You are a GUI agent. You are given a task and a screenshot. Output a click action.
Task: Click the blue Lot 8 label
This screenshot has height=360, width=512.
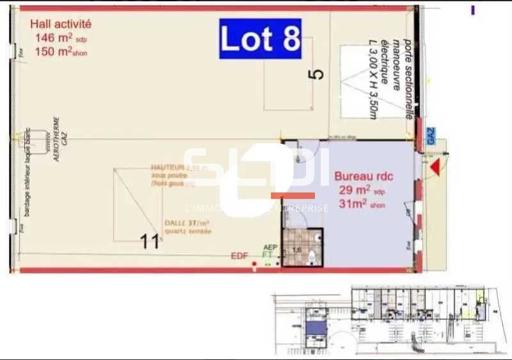[260, 38]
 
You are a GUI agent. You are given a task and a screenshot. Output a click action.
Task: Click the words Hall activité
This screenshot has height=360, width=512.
[61, 24]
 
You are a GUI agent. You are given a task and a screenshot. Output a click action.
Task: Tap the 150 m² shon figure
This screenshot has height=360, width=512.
[61, 52]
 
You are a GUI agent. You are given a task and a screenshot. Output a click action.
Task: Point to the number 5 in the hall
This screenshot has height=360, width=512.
[316, 74]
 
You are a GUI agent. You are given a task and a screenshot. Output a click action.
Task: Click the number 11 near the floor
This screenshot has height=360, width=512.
[150, 242]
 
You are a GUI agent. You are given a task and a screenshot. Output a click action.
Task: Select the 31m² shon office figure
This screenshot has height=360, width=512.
[362, 204]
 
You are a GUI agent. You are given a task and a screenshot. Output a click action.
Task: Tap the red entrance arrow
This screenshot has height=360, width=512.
[435, 168]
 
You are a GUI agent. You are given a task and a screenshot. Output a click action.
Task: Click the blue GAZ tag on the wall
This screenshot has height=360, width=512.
[430, 135]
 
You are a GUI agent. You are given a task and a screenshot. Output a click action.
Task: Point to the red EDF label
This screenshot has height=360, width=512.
[239, 256]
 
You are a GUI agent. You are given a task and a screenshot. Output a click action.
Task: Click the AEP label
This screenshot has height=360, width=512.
[270, 246]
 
